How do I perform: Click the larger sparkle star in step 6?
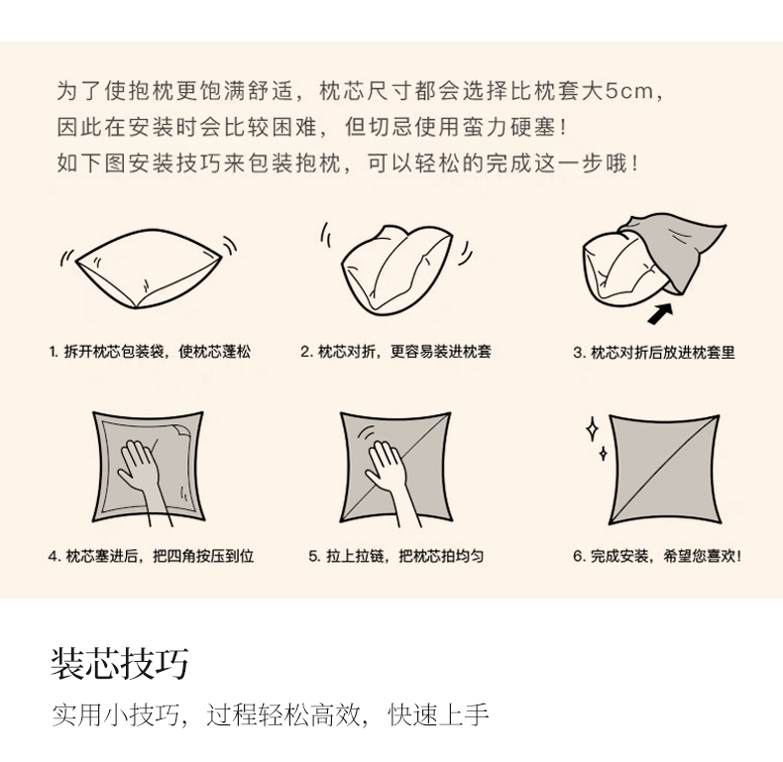point(593,429)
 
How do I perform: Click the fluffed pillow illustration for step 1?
point(148,270)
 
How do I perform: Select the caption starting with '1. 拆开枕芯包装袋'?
point(150,352)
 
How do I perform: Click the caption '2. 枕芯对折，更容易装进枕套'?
point(395,352)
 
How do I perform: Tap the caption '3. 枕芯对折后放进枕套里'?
point(654,353)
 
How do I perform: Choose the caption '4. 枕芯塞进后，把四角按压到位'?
point(151,556)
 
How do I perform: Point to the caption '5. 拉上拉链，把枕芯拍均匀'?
point(395,556)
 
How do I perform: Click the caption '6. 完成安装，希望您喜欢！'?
point(655,556)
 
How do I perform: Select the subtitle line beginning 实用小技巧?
point(270,715)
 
